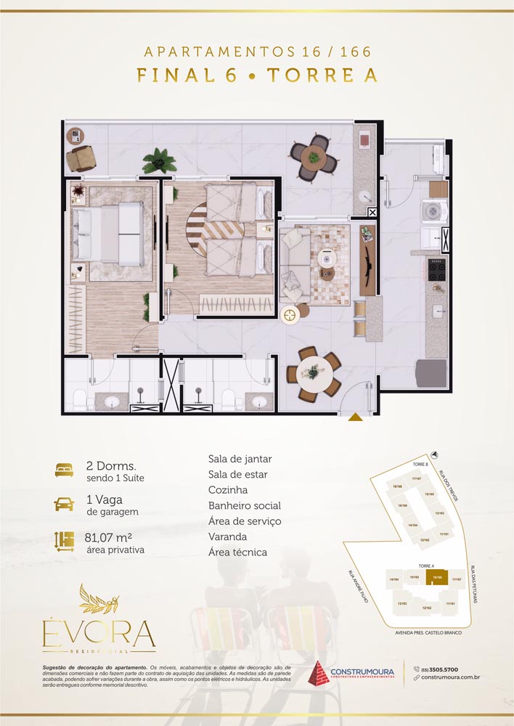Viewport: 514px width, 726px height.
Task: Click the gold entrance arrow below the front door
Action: pos(355,417)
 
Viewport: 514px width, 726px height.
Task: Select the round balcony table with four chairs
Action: pos(314,155)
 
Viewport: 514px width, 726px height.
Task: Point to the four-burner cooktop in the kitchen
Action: pos(437,270)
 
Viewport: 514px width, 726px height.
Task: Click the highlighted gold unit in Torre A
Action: pos(437,578)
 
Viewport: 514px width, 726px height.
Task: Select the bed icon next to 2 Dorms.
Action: pos(65,470)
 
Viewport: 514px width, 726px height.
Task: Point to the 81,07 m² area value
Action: pos(108,538)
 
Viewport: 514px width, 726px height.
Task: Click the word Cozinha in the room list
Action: pos(227,490)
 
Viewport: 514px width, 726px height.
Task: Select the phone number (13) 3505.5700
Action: pos(441,669)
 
